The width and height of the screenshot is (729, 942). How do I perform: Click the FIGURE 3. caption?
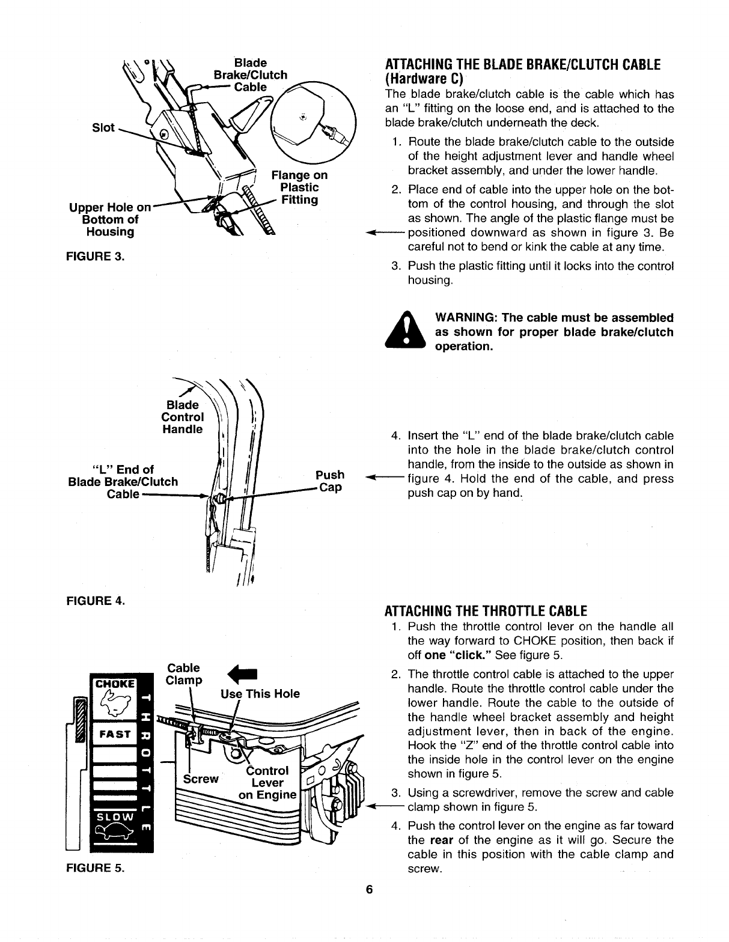click(96, 257)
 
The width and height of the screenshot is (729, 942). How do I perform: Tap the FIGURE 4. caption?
click(96, 600)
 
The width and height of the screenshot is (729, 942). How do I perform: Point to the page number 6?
click(370, 890)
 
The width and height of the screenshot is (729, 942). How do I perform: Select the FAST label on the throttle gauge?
click(114, 734)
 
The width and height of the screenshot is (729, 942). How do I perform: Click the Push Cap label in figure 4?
click(329, 481)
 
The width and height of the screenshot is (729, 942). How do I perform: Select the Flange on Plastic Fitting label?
click(299, 187)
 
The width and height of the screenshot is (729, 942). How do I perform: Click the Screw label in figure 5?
click(201, 779)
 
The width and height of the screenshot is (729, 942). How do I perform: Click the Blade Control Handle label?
click(182, 418)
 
